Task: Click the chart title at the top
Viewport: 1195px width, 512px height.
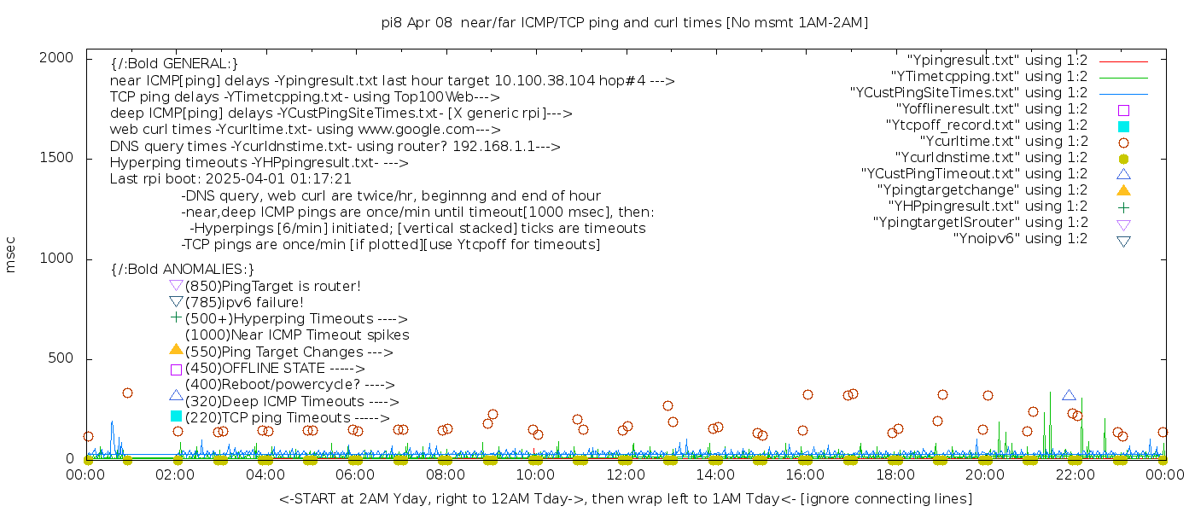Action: (625, 23)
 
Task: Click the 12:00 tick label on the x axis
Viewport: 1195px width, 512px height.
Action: (625, 475)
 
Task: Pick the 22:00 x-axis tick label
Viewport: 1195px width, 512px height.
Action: (1074, 475)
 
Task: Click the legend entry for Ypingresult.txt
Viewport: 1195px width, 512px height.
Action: (997, 61)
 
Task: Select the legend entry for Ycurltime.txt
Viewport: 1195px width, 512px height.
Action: (1004, 142)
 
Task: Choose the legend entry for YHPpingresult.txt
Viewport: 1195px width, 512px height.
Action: (988, 207)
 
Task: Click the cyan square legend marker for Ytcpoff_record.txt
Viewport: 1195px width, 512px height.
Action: (1123, 126)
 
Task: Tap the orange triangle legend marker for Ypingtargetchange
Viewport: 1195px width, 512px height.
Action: (1123, 190)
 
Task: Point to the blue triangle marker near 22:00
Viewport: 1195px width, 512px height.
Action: (1069, 395)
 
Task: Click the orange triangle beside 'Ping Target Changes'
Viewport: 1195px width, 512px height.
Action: (176, 349)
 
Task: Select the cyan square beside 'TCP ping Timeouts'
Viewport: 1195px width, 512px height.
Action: (176, 416)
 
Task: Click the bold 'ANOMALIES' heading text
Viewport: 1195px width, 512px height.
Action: (183, 269)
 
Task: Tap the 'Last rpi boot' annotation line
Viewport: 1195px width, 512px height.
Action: (230, 179)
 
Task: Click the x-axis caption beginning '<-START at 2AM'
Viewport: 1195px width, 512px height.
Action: (625, 498)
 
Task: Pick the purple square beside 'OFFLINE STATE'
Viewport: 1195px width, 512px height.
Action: (176, 369)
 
